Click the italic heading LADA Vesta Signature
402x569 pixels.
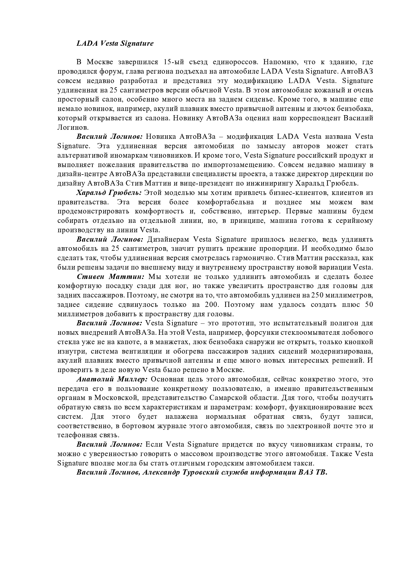[x=115, y=43]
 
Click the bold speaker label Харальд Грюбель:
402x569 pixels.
[x=109, y=193]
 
